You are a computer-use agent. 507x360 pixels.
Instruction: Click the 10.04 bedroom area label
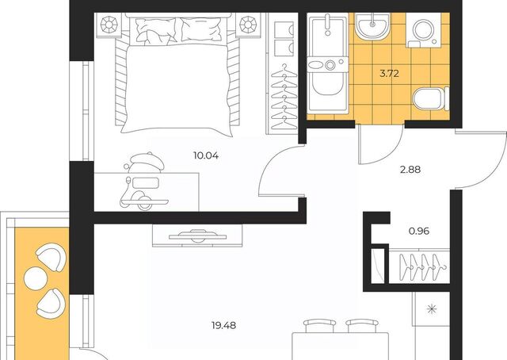coord(206,155)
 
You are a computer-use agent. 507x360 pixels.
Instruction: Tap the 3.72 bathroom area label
coord(389,74)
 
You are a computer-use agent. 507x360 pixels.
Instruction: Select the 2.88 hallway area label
coord(410,170)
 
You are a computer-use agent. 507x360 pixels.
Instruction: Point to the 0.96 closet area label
coord(419,232)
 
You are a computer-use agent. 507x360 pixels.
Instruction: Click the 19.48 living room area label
coord(223,325)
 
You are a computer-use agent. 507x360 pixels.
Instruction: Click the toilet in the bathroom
coord(431,98)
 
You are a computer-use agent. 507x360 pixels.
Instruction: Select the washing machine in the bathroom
coord(424,30)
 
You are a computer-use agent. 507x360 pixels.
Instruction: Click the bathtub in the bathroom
coord(328,63)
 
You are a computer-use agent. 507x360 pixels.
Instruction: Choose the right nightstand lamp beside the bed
coord(248,25)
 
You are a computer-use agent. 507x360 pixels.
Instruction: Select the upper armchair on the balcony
coord(51,256)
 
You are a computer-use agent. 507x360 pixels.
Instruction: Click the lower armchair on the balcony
coord(51,304)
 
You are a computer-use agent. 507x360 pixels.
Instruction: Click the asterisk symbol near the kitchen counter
coord(431,309)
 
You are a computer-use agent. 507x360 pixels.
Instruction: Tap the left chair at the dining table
coord(320,325)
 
